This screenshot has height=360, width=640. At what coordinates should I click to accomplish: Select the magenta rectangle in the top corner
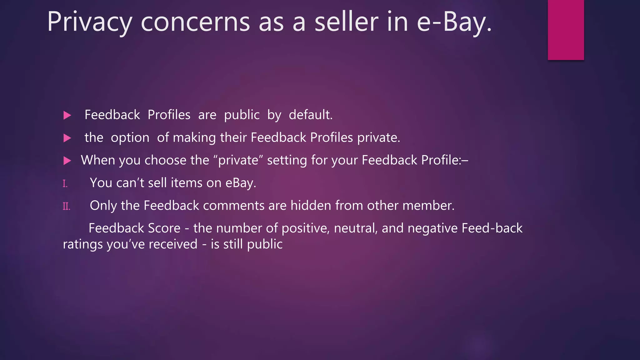pyautogui.click(x=566, y=30)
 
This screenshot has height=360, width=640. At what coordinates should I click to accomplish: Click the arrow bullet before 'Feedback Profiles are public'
pyautogui.click(x=67, y=115)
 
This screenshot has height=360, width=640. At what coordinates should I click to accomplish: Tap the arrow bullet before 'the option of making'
pyautogui.click(x=67, y=138)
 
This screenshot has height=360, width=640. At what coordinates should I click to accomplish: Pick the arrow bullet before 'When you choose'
pyautogui.click(x=67, y=161)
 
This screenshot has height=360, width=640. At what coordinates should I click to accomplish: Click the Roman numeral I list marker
pyautogui.click(x=65, y=183)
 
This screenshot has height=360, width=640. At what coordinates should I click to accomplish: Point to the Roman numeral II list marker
pyautogui.click(x=66, y=206)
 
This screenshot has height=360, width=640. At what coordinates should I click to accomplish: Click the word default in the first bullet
pyautogui.click(x=311, y=115)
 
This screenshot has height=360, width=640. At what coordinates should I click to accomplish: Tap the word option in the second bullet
pyautogui.click(x=130, y=138)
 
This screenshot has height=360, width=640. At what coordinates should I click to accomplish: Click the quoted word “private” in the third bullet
pyautogui.click(x=238, y=160)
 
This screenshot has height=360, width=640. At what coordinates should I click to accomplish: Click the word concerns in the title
pyautogui.click(x=195, y=22)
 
